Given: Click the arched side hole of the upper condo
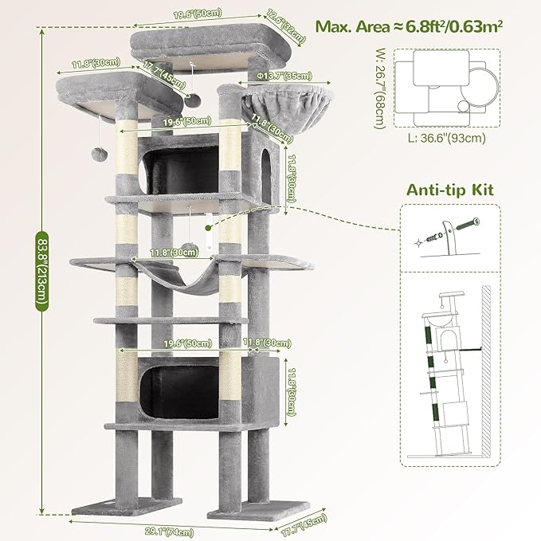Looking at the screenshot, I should coord(265,167).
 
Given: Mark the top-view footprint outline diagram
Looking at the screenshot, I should coord(449,87).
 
